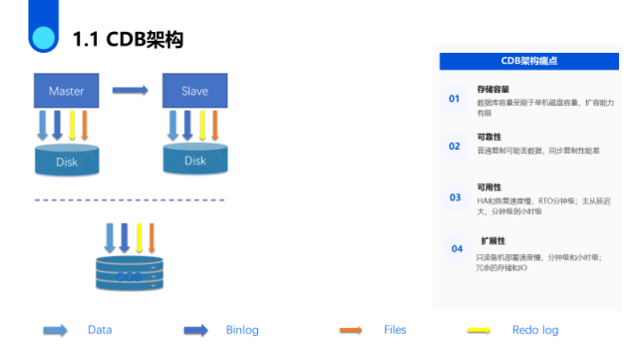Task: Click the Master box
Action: pos(66,91)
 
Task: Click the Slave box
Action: pos(195,91)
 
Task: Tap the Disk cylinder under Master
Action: pos(66,160)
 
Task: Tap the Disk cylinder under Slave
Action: pos(195,160)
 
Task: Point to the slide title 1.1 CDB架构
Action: pos(128,40)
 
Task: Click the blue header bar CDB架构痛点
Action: pos(528,61)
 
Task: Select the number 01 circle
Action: pos(455,99)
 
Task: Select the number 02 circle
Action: pos(455,146)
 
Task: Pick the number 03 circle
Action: pos(455,197)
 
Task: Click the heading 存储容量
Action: pos(492,90)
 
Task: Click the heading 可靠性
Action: pos(488,136)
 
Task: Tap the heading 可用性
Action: pos(488,187)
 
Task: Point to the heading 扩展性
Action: pos(493,240)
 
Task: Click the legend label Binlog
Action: pos(242,329)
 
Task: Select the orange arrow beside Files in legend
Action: pos(350,329)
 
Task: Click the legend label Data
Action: pos(100,329)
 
